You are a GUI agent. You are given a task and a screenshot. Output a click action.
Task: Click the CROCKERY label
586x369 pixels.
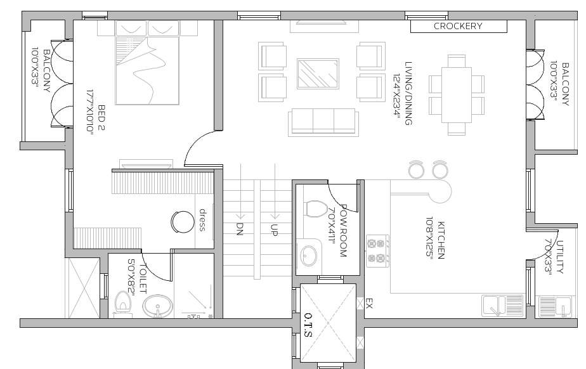click(458, 26)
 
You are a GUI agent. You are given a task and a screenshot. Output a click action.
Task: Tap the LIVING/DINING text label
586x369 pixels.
click(408, 93)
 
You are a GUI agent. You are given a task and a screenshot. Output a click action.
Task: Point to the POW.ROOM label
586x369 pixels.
click(343, 230)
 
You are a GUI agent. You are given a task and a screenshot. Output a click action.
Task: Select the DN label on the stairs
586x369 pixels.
click(240, 229)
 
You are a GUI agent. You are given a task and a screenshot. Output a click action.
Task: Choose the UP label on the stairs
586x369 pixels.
click(275, 230)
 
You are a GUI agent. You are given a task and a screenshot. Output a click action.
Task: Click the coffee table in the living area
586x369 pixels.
click(317, 74)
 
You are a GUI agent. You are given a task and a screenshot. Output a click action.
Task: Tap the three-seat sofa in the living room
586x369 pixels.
click(322, 121)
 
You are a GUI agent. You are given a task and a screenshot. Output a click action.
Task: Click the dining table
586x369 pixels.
click(457, 94)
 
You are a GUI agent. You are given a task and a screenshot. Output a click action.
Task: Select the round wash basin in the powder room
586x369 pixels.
click(309, 255)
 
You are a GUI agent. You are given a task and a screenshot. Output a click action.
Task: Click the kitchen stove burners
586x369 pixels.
click(377, 250)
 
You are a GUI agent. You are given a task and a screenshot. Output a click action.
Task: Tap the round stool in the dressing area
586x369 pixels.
click(183, 221)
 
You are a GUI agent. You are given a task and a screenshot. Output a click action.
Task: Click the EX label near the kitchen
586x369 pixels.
click(369, 305)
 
